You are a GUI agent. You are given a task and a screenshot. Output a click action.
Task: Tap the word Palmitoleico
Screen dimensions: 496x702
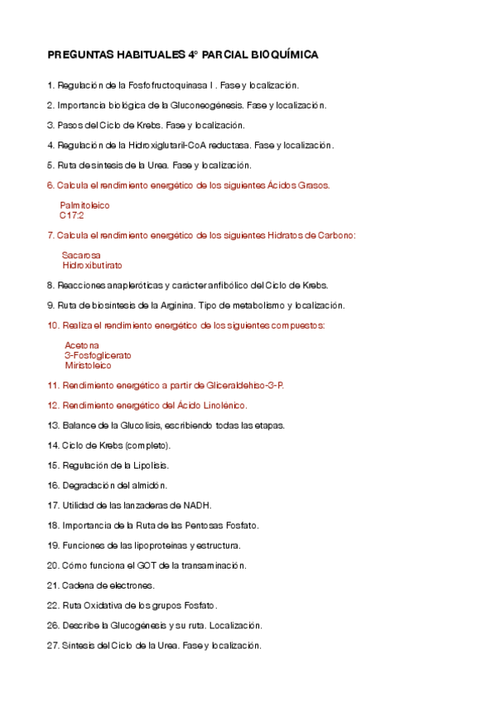coord(84,204)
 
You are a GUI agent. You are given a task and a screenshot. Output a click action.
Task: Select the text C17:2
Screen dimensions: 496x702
coord(72,214)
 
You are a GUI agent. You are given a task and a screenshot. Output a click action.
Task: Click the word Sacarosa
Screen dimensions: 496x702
coord(81,255)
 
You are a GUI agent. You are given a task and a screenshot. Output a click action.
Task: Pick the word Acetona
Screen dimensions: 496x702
coord(82,344)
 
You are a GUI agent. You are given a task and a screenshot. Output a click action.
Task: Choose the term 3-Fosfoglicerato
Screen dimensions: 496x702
coord(98,355)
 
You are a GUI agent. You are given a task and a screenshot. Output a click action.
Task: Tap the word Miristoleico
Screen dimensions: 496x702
coord(88,365)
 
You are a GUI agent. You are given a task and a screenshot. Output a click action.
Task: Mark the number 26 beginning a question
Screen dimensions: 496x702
coord(52,625)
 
